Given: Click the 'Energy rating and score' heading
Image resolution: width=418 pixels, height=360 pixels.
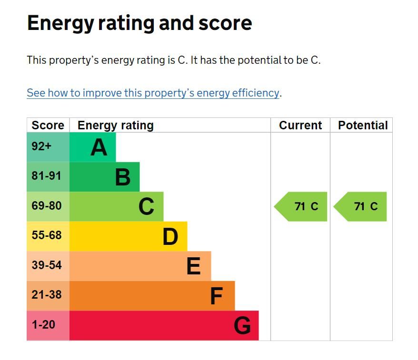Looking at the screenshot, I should point(139,23).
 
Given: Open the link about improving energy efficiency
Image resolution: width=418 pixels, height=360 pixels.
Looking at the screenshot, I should point(153,93).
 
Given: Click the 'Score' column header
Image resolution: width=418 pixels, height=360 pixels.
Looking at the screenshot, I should point(48,126).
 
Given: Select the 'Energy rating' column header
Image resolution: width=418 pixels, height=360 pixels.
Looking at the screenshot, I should point(116,126).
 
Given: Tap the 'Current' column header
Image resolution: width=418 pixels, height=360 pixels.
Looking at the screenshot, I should point(300,126).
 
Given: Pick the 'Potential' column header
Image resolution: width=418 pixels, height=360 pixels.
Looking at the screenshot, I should point(363,126).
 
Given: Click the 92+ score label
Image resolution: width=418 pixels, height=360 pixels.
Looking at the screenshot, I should point(41,146).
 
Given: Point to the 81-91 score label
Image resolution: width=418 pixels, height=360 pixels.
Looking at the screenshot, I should point(47,176).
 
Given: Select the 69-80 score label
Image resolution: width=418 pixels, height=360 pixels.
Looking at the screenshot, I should point(47,206).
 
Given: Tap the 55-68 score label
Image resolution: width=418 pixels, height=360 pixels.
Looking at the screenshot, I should point(47,235).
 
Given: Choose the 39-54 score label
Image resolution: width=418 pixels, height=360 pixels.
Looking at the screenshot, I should point(47,265).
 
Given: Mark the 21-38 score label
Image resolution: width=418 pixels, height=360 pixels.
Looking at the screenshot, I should point(47,295).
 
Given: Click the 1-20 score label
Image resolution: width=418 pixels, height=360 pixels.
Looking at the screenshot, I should point(43,325).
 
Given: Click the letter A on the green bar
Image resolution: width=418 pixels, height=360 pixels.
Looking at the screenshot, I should point(99,147).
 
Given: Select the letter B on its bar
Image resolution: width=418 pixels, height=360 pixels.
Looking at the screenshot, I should point(123,177).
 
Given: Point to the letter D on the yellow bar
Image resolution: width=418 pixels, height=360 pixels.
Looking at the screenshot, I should point(170,237).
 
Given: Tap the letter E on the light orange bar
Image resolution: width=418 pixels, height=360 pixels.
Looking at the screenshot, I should point(193,266).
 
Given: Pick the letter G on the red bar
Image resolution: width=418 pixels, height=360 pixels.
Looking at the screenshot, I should point(242,326).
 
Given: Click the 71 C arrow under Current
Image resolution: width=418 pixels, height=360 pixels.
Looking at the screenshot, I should point(302,206).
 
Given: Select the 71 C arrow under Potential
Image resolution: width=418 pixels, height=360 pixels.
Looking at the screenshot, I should point(361,206).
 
